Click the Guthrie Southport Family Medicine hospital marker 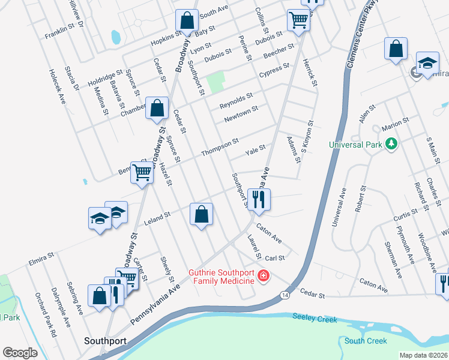click(262, 276)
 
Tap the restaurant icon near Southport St click(259, 199)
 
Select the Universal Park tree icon click(391, 144)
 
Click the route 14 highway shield click(285, 295)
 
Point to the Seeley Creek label click(315, 318)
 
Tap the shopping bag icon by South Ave click(187, 20)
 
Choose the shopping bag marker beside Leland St click(202, 214)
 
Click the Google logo click(20, 353)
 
